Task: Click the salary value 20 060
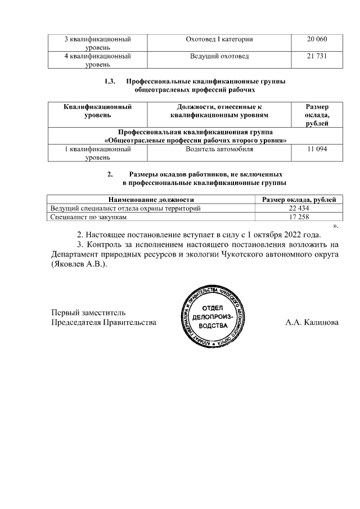point(317,39)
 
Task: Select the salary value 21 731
point(317,56)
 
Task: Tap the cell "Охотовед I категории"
point(219,39)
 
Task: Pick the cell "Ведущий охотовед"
point(219,56)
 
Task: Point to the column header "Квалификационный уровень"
point(97,110)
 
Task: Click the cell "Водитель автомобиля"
point(219,150)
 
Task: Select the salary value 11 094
point(317,150)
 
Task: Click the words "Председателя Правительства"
point(103,323)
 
